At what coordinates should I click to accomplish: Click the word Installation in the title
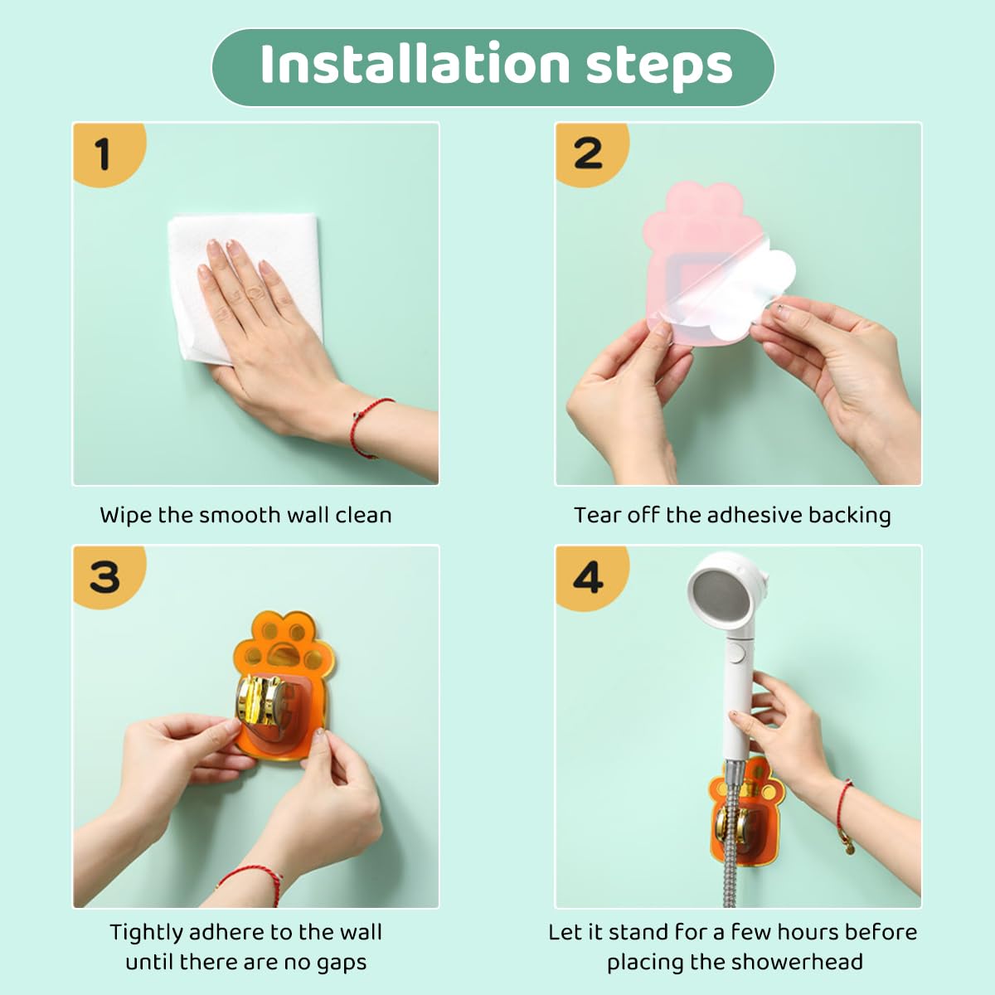coord(415,64)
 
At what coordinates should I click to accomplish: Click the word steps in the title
coord(659,67)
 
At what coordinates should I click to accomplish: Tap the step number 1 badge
coord(109,154)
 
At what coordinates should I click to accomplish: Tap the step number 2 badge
coord(592,154)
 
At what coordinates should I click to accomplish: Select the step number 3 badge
coord(109,577)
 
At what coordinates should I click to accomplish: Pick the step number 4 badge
coord(592,577)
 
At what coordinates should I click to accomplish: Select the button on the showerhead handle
coord(737,653)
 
